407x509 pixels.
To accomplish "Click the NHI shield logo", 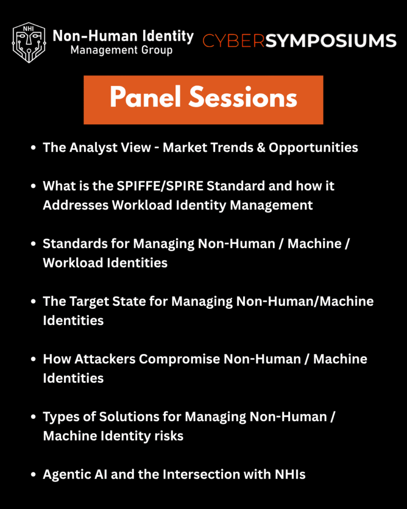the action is point(29,43).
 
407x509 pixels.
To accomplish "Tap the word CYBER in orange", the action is point(234,41).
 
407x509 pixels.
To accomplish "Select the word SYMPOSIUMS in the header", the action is point(331,41).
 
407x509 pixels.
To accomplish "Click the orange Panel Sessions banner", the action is point(203,99).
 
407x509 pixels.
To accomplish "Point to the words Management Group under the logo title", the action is point(122,50).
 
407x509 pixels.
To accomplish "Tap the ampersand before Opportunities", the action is point(261,147).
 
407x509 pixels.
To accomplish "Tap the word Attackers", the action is point(105,359).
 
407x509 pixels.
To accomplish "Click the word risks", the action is point(169,436).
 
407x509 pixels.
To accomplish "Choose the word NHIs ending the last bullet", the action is point(290,475).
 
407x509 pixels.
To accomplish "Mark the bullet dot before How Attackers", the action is point(33,359).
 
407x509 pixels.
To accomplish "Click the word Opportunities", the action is point(313,148).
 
